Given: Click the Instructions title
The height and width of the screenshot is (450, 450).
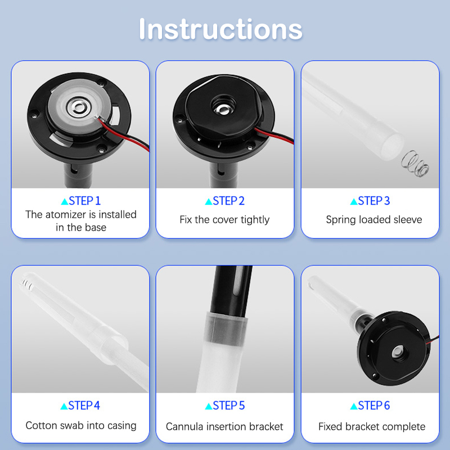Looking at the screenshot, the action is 220,29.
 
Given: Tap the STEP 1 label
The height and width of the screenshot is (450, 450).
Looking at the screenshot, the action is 81,201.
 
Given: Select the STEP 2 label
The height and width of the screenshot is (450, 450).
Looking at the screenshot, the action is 224,201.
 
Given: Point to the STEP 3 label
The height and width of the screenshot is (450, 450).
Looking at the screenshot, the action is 370,201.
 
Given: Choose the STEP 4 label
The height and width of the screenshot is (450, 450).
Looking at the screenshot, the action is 80,406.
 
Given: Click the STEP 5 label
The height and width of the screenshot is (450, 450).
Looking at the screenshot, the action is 224,406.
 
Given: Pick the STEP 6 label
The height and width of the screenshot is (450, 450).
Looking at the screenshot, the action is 370,406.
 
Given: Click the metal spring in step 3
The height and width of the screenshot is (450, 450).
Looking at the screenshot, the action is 415,164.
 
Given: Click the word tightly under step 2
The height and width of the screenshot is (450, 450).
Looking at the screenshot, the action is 255,220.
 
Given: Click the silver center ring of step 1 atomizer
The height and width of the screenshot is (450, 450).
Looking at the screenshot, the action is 79,107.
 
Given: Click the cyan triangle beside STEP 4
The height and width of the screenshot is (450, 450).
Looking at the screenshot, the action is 64,406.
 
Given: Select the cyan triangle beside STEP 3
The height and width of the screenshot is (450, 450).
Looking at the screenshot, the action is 354,201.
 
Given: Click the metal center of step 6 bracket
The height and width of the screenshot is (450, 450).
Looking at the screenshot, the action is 398,351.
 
